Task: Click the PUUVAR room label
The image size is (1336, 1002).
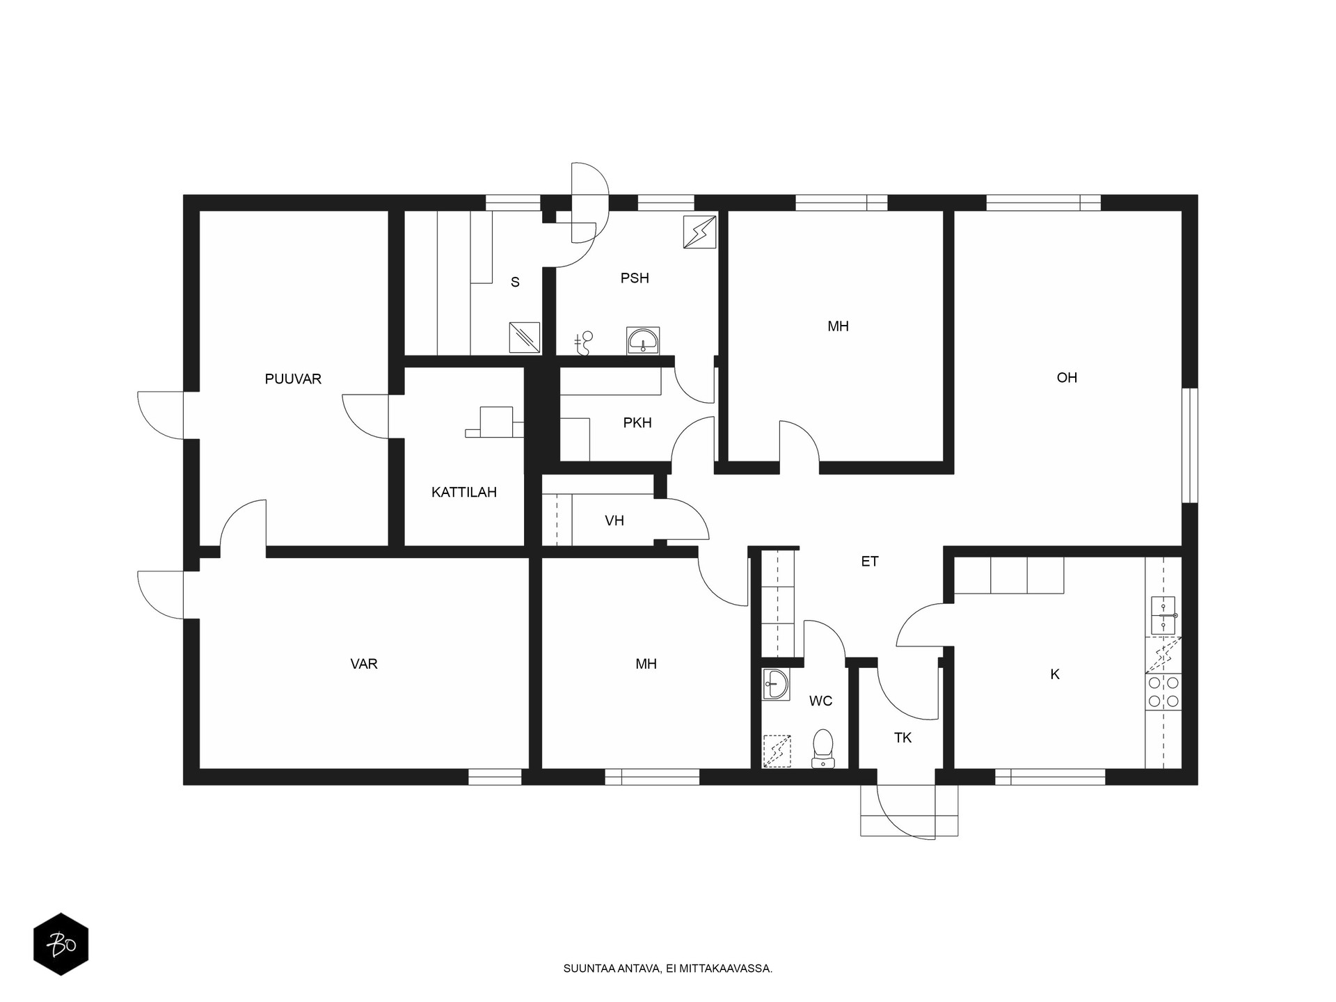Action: click(293, 379)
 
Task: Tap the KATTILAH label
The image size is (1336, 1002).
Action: click(464, 493)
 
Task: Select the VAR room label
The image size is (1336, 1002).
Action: click(364, 664)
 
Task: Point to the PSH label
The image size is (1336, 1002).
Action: click(635, 278)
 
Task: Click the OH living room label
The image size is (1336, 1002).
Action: click(1067, 378)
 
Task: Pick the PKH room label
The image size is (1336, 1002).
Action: click(637, 422)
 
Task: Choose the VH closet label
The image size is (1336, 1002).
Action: click(614, 520)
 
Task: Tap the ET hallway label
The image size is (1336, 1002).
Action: click(870, 562)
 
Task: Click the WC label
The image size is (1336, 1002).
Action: click(821, 701)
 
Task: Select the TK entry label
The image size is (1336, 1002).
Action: click(902, 738)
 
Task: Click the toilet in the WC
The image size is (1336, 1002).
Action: click(823, 749)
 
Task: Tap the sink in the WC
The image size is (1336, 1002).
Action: click(776, 685)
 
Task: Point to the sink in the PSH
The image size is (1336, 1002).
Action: click(643, 340)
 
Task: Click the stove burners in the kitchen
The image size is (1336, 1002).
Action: click(1163, 692)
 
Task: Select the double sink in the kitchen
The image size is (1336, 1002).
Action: click(1163, 616)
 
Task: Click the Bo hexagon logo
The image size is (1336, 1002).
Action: click(61, 944)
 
